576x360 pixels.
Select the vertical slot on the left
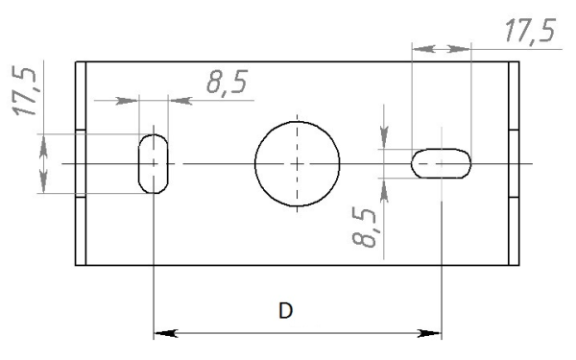(x=154, y=163)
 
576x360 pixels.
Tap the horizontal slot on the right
(x=442, y=163)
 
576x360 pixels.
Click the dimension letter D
(x=285, y=311)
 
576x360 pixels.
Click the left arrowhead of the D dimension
(x=165, y=334)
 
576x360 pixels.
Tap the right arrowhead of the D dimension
(x=430, y=334)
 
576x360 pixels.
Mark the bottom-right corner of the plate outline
(x=519, y=265)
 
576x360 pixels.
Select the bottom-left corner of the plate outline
(x=76, y=265)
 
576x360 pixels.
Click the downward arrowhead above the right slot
(x=384, y=140)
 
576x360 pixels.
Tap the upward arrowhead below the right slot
(x=384, y=188)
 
